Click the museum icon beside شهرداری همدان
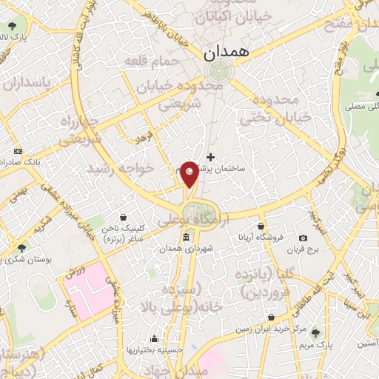click(x=185, y=238)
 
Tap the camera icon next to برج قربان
click(x=303, y=238)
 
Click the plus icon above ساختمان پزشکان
click(x=211, y=157)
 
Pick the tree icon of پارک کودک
click(x=5, y=37)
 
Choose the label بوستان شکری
click(x=21, y=260)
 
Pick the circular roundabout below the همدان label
click(x=218, y=71)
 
